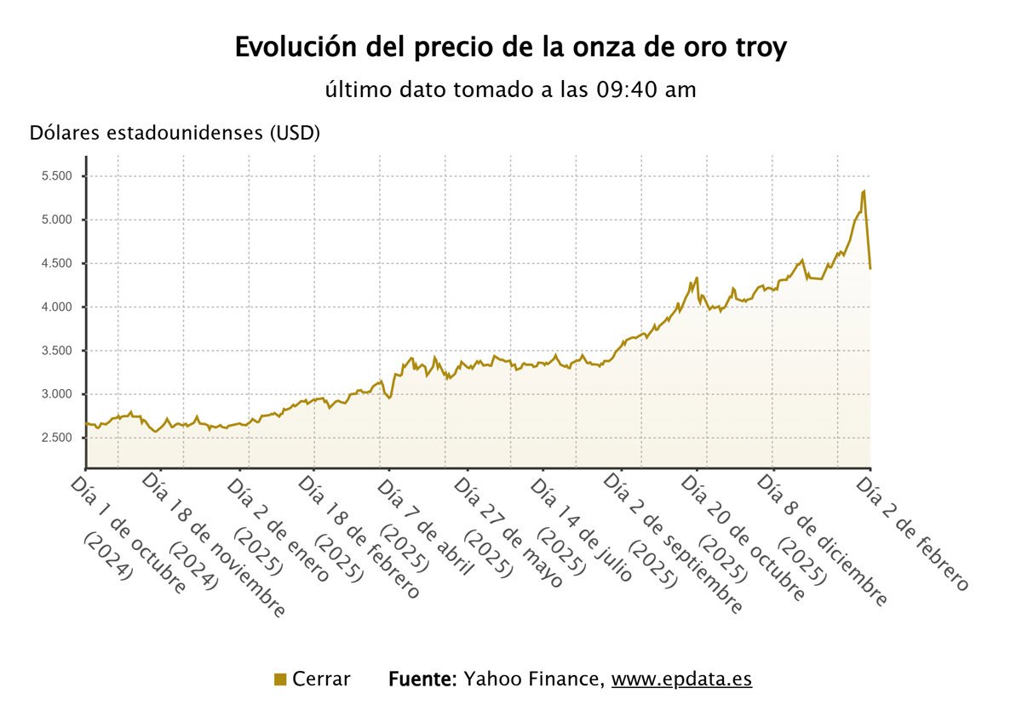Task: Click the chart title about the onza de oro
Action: [x=511, y=48]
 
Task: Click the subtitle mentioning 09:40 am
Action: [x=511, y=89]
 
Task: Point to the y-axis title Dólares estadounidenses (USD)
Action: [x=175, y=134]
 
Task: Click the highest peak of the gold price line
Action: [x=864, y=191]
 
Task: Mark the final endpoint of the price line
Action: [x=870, y=269]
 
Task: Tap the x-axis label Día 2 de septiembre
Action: [x=673, y=545]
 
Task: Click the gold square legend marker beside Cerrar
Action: [x=280, y=679]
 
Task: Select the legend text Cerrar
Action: [x=321, y=679]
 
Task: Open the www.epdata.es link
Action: [x=681, y=679]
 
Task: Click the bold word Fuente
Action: [x=423, y=679]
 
